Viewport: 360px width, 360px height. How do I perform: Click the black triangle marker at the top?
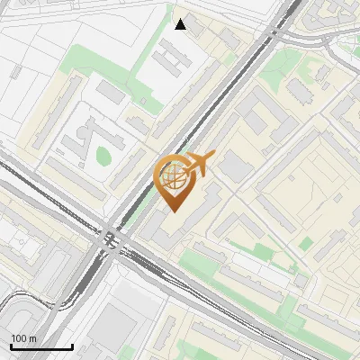pos(180,24)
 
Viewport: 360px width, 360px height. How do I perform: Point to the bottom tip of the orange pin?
pos(174,211)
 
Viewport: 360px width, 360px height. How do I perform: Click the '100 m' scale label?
pos(24,338)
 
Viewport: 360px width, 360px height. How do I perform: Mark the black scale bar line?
pos(40,346)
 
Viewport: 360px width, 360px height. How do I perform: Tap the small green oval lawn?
pos(103,157)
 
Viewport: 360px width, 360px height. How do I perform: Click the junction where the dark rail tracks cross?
pos(111,239)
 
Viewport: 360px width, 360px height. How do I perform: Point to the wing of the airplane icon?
pos(200,161)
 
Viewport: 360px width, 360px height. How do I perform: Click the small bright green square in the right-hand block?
pos(306,244)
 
